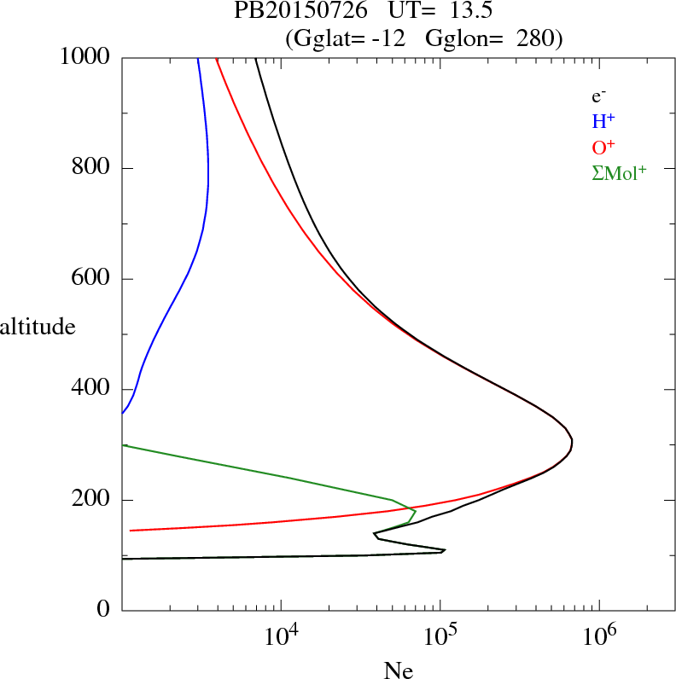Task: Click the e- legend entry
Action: [x=598, y=96]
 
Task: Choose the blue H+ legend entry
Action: [x=603, y=121]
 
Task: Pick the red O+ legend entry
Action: [x=603, y=147]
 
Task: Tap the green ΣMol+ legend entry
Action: [x=619, y=172]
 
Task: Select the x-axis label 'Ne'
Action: [x=398, y=671]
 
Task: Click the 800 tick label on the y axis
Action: [x=92, y=168]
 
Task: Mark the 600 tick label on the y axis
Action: [x=92, y=279]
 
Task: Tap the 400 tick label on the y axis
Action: [x=92, y=390]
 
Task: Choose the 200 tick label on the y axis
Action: [x=92, y=500]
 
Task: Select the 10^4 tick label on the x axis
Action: [x=283, y=636]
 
